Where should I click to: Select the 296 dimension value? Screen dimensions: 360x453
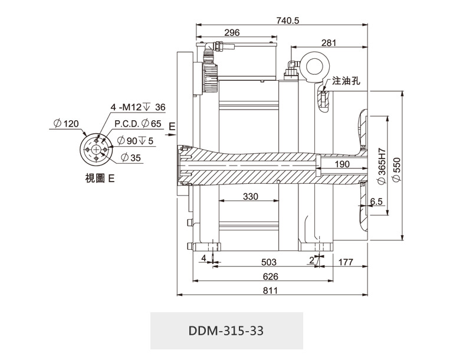click(232, 33)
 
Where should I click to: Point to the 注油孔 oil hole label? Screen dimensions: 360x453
click(346, 81)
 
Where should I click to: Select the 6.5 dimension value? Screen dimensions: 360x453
click(376, 202)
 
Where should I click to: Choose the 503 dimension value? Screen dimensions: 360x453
click(268, 262)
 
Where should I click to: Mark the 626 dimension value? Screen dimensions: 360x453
click(270, 276)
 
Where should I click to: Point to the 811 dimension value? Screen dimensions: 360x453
click(270, 290)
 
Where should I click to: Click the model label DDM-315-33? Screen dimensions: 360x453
click(226, 331)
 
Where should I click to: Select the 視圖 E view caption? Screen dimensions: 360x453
click(100, 177)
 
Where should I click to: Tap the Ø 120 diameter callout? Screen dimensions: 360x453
click(65, 124)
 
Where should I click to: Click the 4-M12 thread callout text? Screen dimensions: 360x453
click(139, 107)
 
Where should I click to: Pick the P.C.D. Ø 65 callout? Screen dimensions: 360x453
click(137, 124)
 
